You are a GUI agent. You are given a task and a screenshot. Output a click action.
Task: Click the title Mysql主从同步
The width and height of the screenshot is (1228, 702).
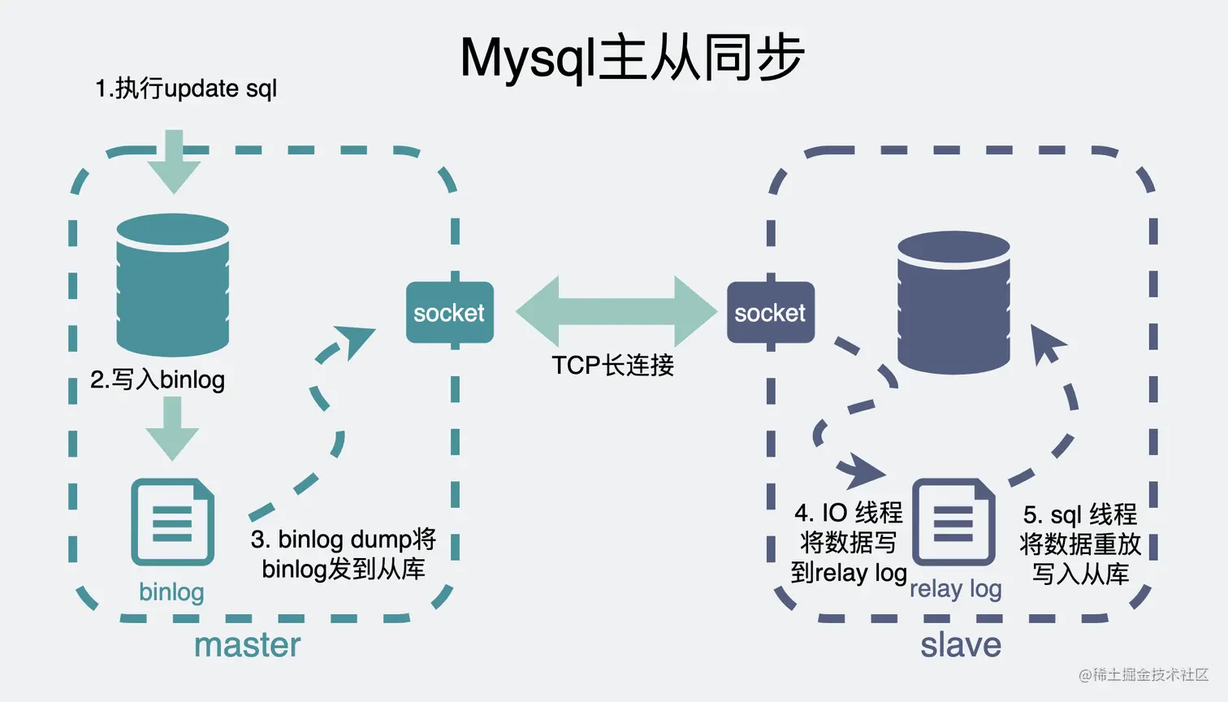coord(632,58)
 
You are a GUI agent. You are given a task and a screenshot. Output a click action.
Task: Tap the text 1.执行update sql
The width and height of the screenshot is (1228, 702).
coord(186,88)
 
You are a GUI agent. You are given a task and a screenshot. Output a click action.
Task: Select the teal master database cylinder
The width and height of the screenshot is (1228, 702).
coord(172,284)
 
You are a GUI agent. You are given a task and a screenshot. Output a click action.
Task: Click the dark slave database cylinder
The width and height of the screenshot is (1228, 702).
coord(953,302)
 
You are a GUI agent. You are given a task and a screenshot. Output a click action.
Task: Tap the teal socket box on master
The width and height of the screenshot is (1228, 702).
coord(449,313)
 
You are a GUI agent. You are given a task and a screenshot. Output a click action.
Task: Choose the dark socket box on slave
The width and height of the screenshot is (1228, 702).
coord(770,313)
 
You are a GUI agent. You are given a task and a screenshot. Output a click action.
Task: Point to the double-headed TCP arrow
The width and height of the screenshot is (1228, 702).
coord(616,312)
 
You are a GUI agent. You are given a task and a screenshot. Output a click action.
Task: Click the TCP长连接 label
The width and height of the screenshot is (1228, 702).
coord(612,366)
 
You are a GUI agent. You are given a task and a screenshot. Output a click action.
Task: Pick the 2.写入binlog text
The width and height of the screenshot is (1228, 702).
coord(158,379)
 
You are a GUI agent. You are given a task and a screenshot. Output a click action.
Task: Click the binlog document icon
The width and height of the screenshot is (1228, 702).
coord(172,522)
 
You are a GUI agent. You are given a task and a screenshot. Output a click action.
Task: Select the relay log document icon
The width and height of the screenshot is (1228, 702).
coord(953,522)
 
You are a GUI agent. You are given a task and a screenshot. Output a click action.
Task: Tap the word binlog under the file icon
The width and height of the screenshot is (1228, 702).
coord(171,591)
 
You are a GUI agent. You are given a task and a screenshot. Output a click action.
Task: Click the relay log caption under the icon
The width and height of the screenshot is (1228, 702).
coord(955,588)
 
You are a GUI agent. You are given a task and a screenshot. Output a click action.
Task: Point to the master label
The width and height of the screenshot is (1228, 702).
coord(247,645)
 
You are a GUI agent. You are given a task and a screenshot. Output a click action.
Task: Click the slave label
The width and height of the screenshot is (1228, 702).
coord(960,645)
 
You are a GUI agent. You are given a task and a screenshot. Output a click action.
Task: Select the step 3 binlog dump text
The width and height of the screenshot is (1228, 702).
coord(344,553)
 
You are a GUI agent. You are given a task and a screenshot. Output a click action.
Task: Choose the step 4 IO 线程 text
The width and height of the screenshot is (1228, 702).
coord(849,543)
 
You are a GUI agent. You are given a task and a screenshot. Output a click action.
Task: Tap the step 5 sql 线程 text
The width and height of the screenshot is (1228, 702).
coord(1080,544)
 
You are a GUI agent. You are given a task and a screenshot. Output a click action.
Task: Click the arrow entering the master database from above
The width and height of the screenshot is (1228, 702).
coord(174,162)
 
